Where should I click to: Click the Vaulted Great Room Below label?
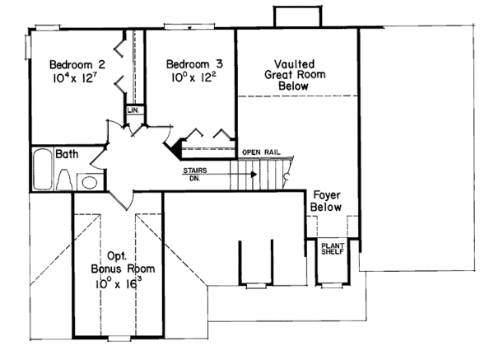pos(293,74)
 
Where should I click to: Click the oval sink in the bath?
pos(90,182)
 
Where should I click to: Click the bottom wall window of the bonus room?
pos(119,338)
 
